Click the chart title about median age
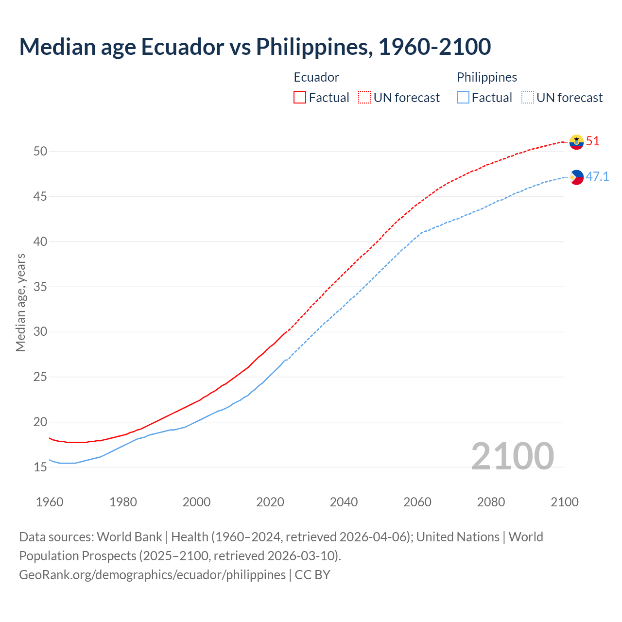click(x=255, y=47)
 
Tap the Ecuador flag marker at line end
click(x=576, y=142)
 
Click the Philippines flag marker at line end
click(x=576, y=177)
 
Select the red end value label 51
click(x=593, y=141)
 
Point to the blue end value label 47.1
click(x=597, y=176)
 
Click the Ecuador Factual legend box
click(x=300, y=98)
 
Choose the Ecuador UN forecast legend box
click(x=364, y=98)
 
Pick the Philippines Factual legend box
click(x=463, y=98)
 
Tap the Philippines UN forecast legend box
click(x=528, y=98)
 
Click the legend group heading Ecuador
click(x=316, y=77)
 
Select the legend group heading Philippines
click(x=486, y=77)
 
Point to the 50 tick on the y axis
click(x=40, y=152)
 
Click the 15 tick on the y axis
click(x=40, y=467)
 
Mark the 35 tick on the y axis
click(x=40, y=287)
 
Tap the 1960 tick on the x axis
click(x=50, y=502)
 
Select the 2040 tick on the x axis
click(x=344, y=502)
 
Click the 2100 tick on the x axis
click(x=564, y=502)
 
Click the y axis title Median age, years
click(x=20, y=302)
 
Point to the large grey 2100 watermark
click(x=512, y=456)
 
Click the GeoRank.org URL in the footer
click(x=152, y=575)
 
